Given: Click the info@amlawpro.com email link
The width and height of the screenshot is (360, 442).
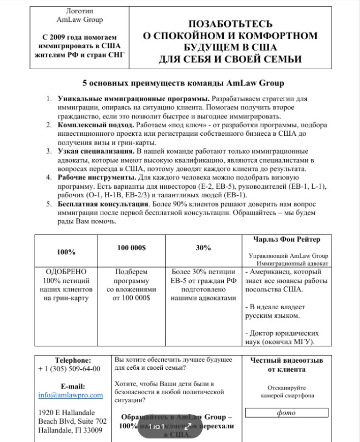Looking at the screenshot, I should click(70, 395).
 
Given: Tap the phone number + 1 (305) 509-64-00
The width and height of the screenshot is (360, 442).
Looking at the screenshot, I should click(69, 369).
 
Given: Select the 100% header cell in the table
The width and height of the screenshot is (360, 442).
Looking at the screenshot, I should click(66, 252).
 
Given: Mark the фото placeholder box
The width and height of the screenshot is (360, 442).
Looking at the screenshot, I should click(286, 413).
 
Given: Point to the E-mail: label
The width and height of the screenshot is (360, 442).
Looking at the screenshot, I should click(73, 386).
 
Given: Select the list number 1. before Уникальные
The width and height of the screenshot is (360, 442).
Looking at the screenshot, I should click(49, 98).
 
